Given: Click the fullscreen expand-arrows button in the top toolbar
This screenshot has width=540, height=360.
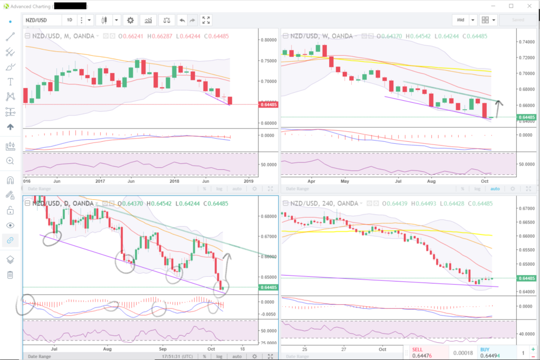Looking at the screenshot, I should point(206,20).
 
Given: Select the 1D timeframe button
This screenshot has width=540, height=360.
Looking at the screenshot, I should point(70,20).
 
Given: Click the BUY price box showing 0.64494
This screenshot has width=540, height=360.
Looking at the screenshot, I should point(494,353).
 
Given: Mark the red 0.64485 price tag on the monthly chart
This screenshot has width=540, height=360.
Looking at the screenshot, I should point(269,104).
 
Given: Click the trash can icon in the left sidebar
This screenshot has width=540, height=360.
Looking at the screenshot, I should point(10,275).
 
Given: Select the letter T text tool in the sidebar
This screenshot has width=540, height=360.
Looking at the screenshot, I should point(10,82).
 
